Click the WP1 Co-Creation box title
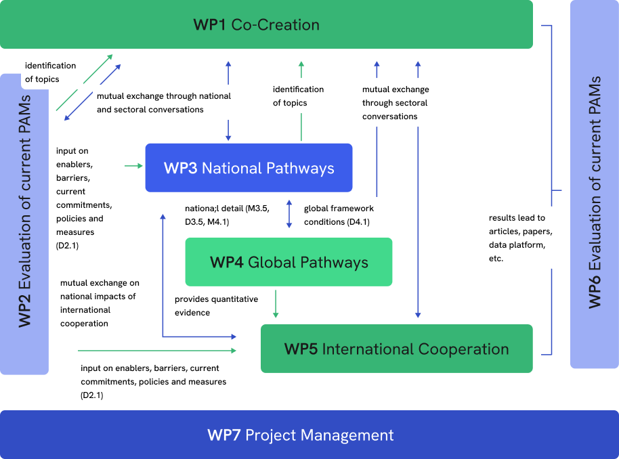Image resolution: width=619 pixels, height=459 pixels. pyautogui.click(x=256, y=25)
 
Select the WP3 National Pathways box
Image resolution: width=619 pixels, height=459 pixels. pyautogui.click(x=249, y=168)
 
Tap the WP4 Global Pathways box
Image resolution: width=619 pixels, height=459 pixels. pyautogui.click(x=289, y=262)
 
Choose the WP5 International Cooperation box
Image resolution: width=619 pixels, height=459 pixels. pyautogui.click(x=396, y=349)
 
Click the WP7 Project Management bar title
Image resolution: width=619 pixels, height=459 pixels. pyautogui.click(x=300, y=435)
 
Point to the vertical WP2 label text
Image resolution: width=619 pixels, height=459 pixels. pyautogui.click(x=24, y=223)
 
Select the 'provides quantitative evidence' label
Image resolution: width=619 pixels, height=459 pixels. pyautogui.click(x=217, y=305)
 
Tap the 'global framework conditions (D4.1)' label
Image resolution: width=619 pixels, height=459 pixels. pyautogui.click(x=347, y=215)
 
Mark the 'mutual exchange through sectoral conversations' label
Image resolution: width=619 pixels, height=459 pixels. pyautogui.click(x=396, y=102)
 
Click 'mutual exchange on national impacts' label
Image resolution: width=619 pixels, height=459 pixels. pyautogui.click(x=102, y=303)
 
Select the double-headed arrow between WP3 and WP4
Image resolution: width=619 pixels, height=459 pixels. pyautogui.click(x=289, y=214)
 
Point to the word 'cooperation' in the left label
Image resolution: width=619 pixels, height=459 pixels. pyautogui.click(x=84, y=324)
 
